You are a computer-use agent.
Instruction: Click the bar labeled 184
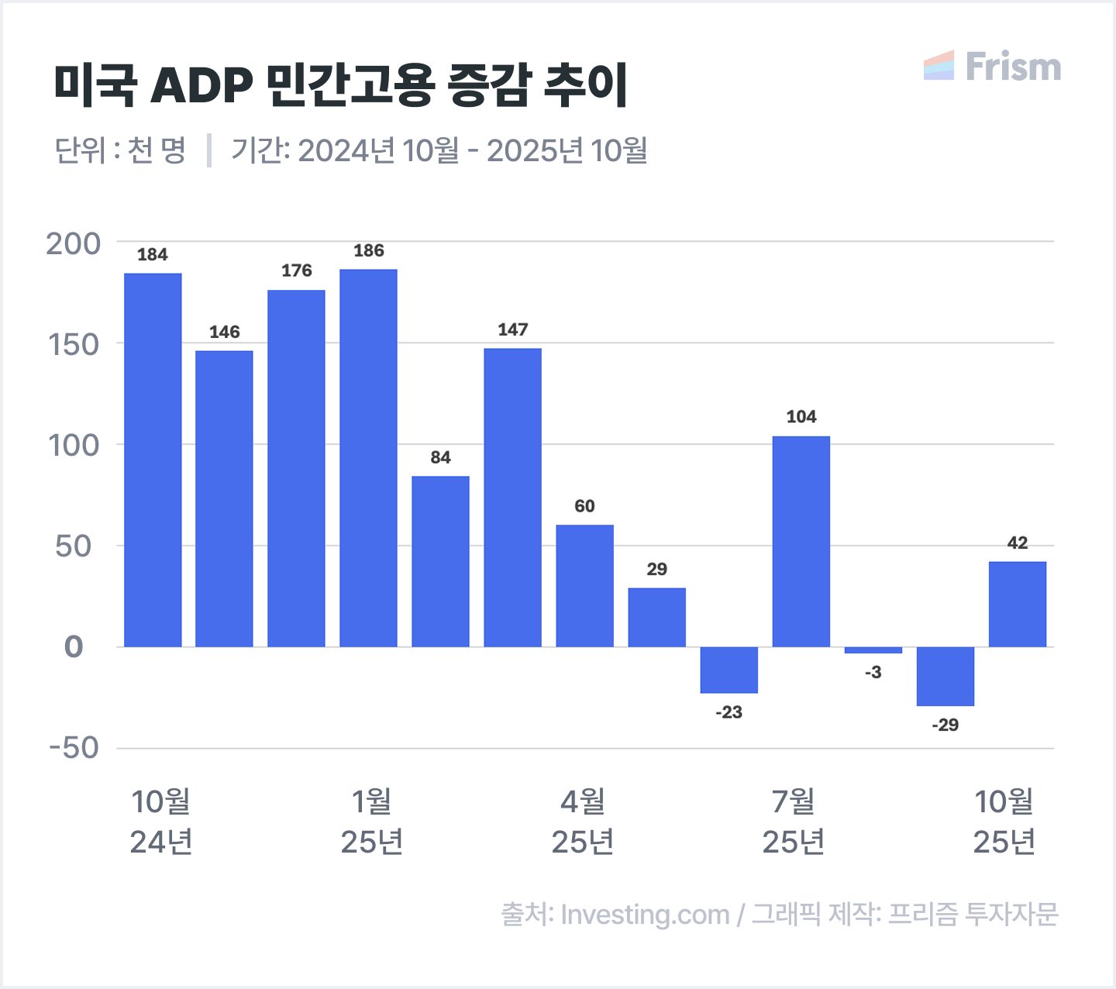coord(153,460)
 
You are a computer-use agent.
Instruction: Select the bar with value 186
coord(368,457)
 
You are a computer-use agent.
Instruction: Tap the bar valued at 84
coord(440,561)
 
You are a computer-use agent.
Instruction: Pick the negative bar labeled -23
coord(728,670)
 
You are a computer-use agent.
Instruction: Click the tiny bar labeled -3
coord(873,650)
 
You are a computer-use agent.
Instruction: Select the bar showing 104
coord(801,541)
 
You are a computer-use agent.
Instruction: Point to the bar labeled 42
coord(1018,604)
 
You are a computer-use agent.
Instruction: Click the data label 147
coord(513,330)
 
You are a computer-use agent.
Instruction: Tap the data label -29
coord(945,725)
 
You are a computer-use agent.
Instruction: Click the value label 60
coord(584,506)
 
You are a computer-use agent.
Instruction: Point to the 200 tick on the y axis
coord(74,243)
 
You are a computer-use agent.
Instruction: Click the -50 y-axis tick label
coord(74,748)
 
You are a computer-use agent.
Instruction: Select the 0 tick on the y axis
coord(74,646)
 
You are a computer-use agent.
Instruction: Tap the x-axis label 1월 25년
coord(372,822)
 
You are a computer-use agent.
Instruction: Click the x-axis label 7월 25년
coord(794,822)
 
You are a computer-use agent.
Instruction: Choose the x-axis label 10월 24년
coord(160,822)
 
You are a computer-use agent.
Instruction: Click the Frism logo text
coord(1013,67)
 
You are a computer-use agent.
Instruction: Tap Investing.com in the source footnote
coord(645,915)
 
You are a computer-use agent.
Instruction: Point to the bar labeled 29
coord(656,617)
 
